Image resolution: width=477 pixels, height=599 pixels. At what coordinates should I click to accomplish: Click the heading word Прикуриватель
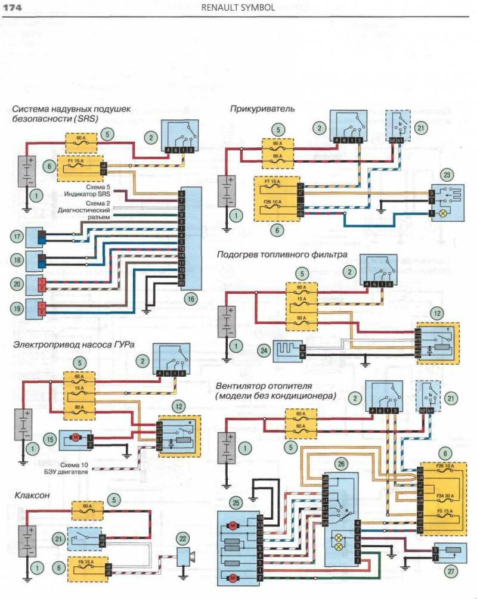(262, 109)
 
